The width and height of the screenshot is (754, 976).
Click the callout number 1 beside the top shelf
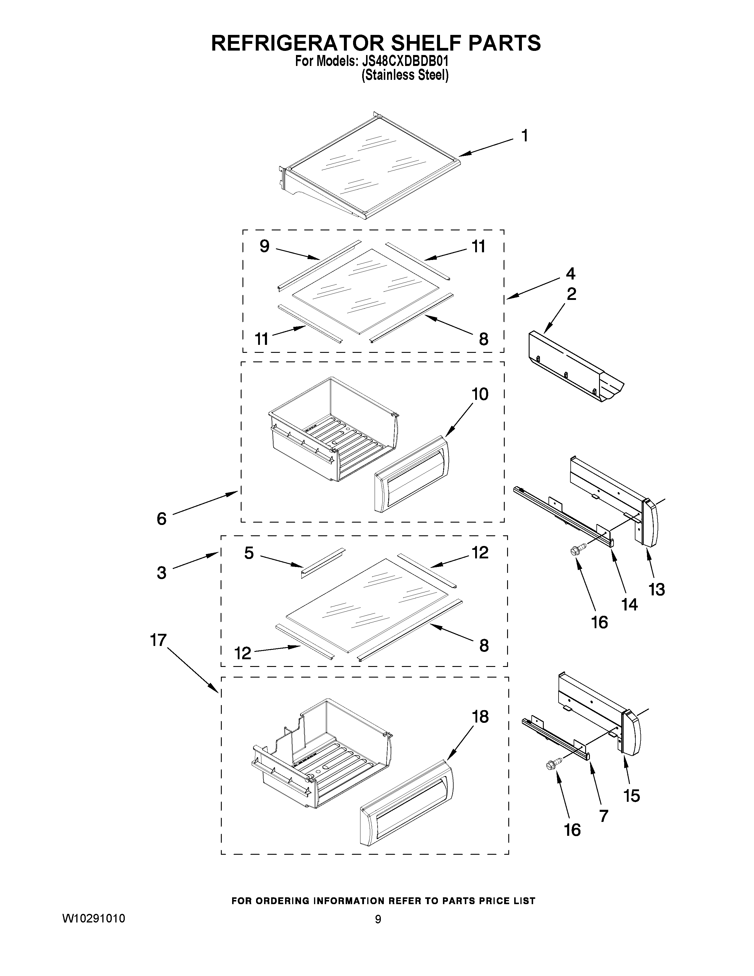525,135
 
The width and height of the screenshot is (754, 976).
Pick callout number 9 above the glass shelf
264,246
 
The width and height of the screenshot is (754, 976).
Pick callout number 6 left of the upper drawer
162,518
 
